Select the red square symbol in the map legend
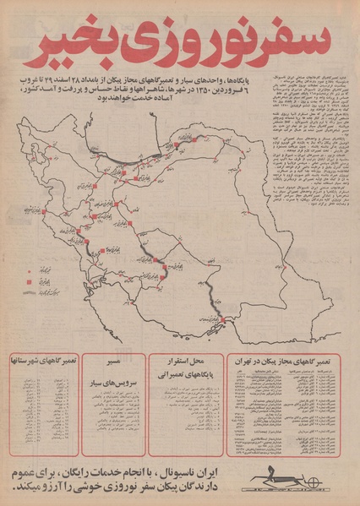click(x=32, y=279)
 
